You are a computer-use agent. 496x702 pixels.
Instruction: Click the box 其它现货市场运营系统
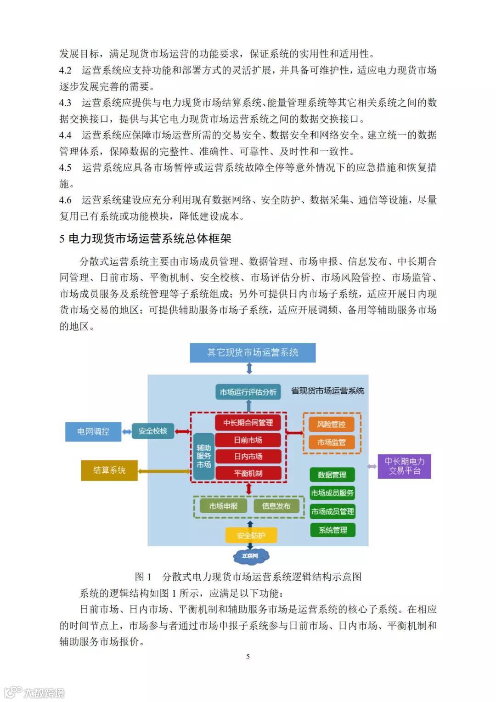(x=253, y=352)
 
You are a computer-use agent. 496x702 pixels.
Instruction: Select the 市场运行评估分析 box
(x=248, y=392)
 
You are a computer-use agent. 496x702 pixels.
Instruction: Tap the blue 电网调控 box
(x=93, y=431)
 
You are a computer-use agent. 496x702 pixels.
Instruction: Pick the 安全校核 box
(x=152, y=431)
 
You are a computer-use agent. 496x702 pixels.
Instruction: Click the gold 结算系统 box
(x=109, y=470)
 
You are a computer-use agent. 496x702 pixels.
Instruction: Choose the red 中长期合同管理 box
(x=248, y=423)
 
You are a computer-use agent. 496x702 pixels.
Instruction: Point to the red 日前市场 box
(x=248, y=440)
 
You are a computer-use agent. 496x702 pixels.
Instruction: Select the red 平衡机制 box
(x=248, y=473)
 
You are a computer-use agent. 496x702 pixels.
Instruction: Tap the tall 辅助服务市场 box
(x=203, y=456)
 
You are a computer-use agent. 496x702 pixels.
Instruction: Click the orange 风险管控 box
(x=331, y=424)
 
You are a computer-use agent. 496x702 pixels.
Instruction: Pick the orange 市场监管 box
(x=331, y=442)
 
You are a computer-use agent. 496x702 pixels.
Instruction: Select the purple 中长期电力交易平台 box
(x=404, y=466)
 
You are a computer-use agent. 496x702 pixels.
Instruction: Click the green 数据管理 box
(x=332, y=475)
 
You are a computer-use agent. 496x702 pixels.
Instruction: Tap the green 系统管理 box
(x=333, y=530)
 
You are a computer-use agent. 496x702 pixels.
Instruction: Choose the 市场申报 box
(x=223, y=506)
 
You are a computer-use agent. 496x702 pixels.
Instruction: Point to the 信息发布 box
(x=276, y=506)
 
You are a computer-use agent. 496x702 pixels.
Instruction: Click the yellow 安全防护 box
(x=251, y=535)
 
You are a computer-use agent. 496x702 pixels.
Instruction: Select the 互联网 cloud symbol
(x=250, y=555)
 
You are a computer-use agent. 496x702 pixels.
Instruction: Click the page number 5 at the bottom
(x=248, y=657)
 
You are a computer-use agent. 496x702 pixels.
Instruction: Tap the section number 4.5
(x=65, y=168)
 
